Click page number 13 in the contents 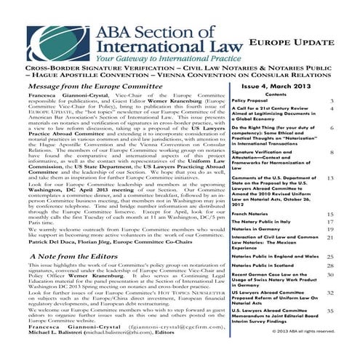pos(331,177)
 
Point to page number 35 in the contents pos(331,311)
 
